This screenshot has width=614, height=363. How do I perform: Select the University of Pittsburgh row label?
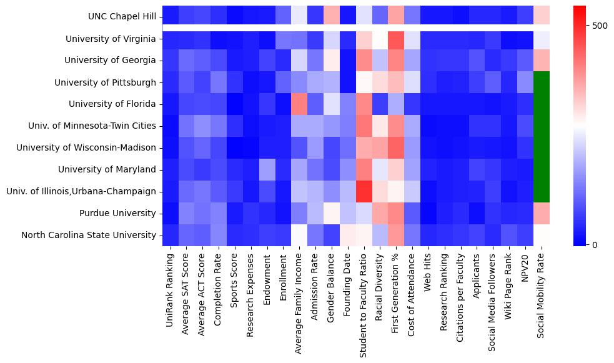(x=105, y=82)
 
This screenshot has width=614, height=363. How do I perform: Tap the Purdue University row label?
(x=117, y=213)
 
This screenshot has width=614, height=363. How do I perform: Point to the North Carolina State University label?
(x=88, y=235)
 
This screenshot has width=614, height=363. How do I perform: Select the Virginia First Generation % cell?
(x=396, y=39)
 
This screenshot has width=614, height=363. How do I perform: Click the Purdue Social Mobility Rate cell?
(x=542, y=213)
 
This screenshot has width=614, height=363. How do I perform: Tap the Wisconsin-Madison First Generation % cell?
(x=396, y=148)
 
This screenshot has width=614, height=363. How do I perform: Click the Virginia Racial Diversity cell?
(x=380, y=39)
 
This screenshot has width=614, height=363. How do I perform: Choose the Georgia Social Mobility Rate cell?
(x=542, y=61)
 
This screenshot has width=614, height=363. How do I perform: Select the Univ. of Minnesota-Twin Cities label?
(x=92, y=126)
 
